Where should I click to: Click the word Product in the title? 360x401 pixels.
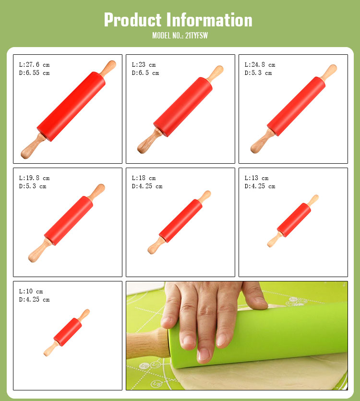132,20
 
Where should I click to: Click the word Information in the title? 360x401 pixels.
209,20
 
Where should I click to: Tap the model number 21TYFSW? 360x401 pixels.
196,36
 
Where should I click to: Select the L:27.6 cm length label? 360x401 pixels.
34,65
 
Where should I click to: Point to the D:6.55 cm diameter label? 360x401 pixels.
34,73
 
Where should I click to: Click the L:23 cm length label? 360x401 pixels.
144,65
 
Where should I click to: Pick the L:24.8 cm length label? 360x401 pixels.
260,65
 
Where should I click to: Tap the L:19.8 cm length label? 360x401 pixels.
34,178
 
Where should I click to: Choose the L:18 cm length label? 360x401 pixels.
144,178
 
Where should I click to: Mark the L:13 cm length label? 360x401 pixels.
256,178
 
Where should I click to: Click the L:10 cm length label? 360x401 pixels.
31,292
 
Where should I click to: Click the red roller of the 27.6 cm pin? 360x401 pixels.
71,107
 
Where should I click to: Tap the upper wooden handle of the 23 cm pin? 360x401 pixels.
216,73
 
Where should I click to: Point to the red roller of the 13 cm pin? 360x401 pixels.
294,220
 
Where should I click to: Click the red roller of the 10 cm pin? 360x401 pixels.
68,332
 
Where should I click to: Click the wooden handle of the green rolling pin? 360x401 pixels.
148,343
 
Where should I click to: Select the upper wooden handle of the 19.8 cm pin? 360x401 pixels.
97,192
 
